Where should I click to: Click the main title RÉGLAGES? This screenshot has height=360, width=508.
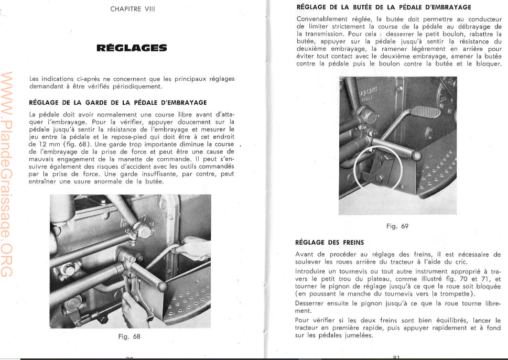click(x=132, y=49)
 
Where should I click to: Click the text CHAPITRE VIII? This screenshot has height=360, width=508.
click(x=133, y=9)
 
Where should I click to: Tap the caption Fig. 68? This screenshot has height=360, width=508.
click(x=129, y=336)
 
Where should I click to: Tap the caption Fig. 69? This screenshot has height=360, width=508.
click(x=397, y=226)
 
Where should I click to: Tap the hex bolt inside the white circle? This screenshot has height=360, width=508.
click(x=379, y=178)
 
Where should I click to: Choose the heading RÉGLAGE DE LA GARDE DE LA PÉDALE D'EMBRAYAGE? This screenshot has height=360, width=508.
click(x=118, y=102)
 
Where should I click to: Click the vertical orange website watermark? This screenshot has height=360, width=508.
click(x=9, y=173)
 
